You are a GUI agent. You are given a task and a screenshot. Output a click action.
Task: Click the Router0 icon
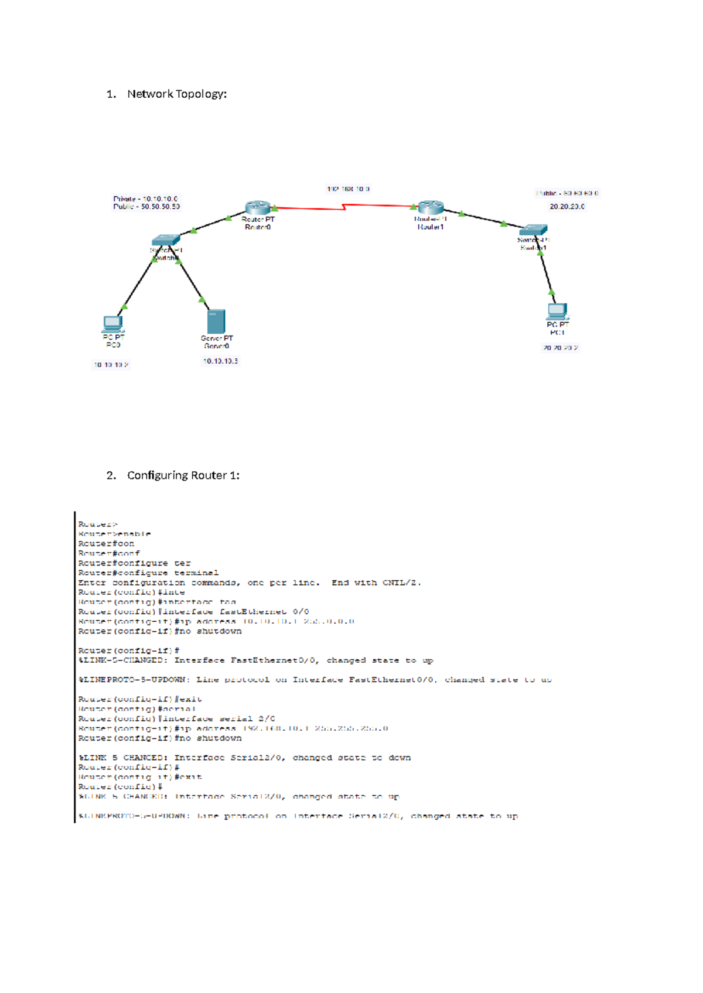(258, 207)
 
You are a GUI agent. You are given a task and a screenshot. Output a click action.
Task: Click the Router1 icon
(431, 207)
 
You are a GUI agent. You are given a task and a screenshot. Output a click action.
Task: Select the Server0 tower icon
(216, 321)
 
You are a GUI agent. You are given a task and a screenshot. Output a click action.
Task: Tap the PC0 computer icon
(112, 324)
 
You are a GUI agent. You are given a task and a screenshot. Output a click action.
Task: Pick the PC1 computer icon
(557, 311)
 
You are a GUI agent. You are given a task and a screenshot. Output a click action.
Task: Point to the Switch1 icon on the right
(533, 230)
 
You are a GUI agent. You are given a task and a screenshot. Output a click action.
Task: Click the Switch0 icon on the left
(165, 240)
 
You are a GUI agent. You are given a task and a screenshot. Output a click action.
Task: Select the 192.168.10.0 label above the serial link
(348, 189)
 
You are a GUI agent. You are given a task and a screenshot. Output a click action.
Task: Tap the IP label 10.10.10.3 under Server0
(220, 361)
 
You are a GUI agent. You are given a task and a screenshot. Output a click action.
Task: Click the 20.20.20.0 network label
(567, 207)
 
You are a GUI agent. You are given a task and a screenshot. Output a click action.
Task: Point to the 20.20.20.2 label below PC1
(560, 348)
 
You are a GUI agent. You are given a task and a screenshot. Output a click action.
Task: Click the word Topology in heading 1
(200, 94)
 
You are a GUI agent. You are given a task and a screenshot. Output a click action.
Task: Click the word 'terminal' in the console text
(196, 573)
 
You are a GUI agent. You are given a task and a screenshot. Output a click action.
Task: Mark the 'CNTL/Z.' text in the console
(402, 583)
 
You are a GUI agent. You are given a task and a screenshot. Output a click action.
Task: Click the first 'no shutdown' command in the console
(219, 631)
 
